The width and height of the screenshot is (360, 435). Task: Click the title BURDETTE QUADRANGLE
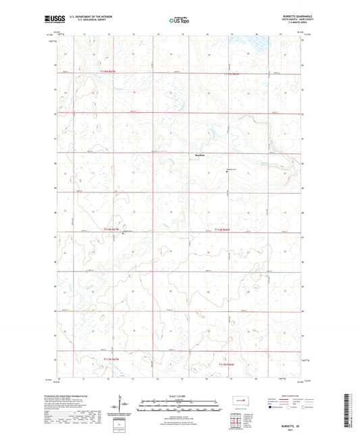tap(284, 18)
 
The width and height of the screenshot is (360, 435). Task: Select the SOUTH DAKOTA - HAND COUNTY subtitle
tap(285, 22)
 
